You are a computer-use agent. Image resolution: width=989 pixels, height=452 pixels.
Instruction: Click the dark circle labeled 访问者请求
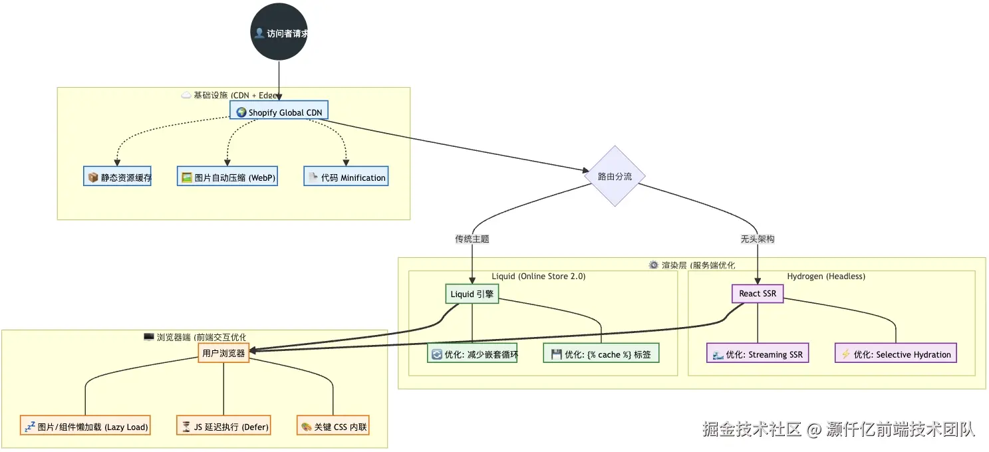click(279, 32)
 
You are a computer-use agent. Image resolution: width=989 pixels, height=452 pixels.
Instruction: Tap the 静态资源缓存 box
click(117, 176)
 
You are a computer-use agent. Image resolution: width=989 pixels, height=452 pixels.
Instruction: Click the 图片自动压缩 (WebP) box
click(227, 176)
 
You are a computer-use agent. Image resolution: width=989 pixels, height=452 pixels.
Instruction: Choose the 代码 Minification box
click(346, 176)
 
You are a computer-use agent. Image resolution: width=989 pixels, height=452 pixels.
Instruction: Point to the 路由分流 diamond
click(615, 176)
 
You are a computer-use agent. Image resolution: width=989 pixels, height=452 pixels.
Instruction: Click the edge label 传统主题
click(472, 239)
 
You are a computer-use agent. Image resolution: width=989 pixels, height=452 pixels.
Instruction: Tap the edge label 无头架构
click(757, 239)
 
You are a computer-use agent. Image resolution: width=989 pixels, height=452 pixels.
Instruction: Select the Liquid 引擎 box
click(472, 294)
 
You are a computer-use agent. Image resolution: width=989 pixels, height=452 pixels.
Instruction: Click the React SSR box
click(758, 294)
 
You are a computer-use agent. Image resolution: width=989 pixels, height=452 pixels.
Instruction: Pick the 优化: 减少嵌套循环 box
click(472, 353)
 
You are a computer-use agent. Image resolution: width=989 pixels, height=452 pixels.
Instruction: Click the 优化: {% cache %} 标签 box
click(601, 353)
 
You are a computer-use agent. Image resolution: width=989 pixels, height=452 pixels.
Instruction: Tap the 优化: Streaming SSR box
click(758, 353)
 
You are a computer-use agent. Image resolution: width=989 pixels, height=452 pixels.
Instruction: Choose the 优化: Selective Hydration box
click(896, 353)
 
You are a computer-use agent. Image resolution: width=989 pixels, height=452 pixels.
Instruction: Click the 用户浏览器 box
click(223, 353)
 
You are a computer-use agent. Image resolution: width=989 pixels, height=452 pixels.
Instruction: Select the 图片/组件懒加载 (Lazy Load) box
click(85, 425)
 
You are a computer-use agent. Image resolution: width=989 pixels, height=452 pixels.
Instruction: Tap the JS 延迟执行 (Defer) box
click(223, 425)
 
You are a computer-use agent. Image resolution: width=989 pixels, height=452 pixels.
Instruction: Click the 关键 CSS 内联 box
click(333, 425)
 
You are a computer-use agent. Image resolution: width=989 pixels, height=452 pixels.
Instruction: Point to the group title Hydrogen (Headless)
click(826, 277)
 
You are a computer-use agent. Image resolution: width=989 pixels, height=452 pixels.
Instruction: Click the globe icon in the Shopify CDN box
click(241, 112)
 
